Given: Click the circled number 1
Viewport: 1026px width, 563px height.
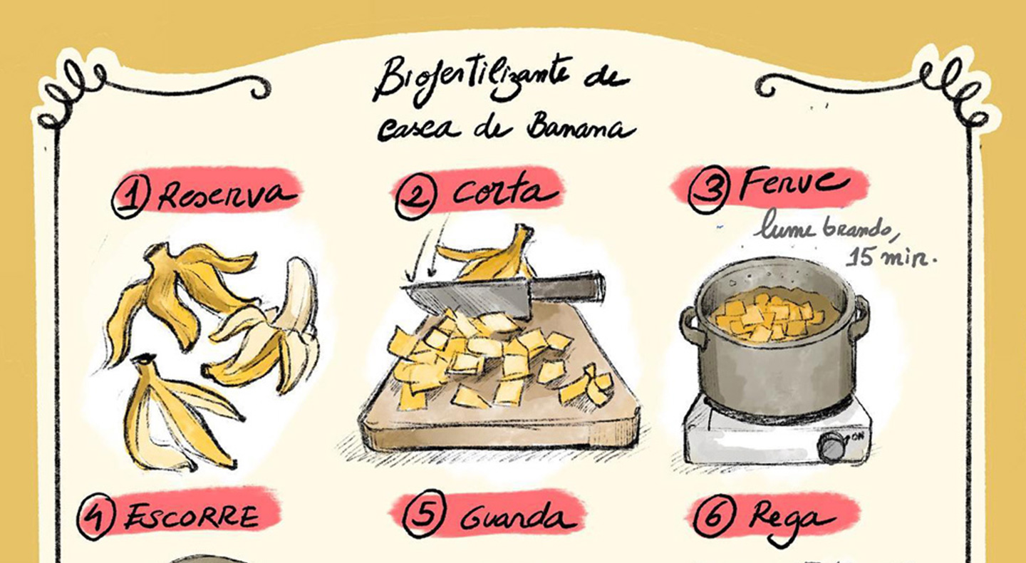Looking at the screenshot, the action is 131,197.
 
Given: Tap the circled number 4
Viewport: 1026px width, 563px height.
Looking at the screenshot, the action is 95,516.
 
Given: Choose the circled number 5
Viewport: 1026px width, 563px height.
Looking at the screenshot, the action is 424,515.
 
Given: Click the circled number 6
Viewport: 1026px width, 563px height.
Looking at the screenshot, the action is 714,516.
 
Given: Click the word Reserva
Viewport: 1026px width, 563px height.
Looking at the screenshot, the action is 227,194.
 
